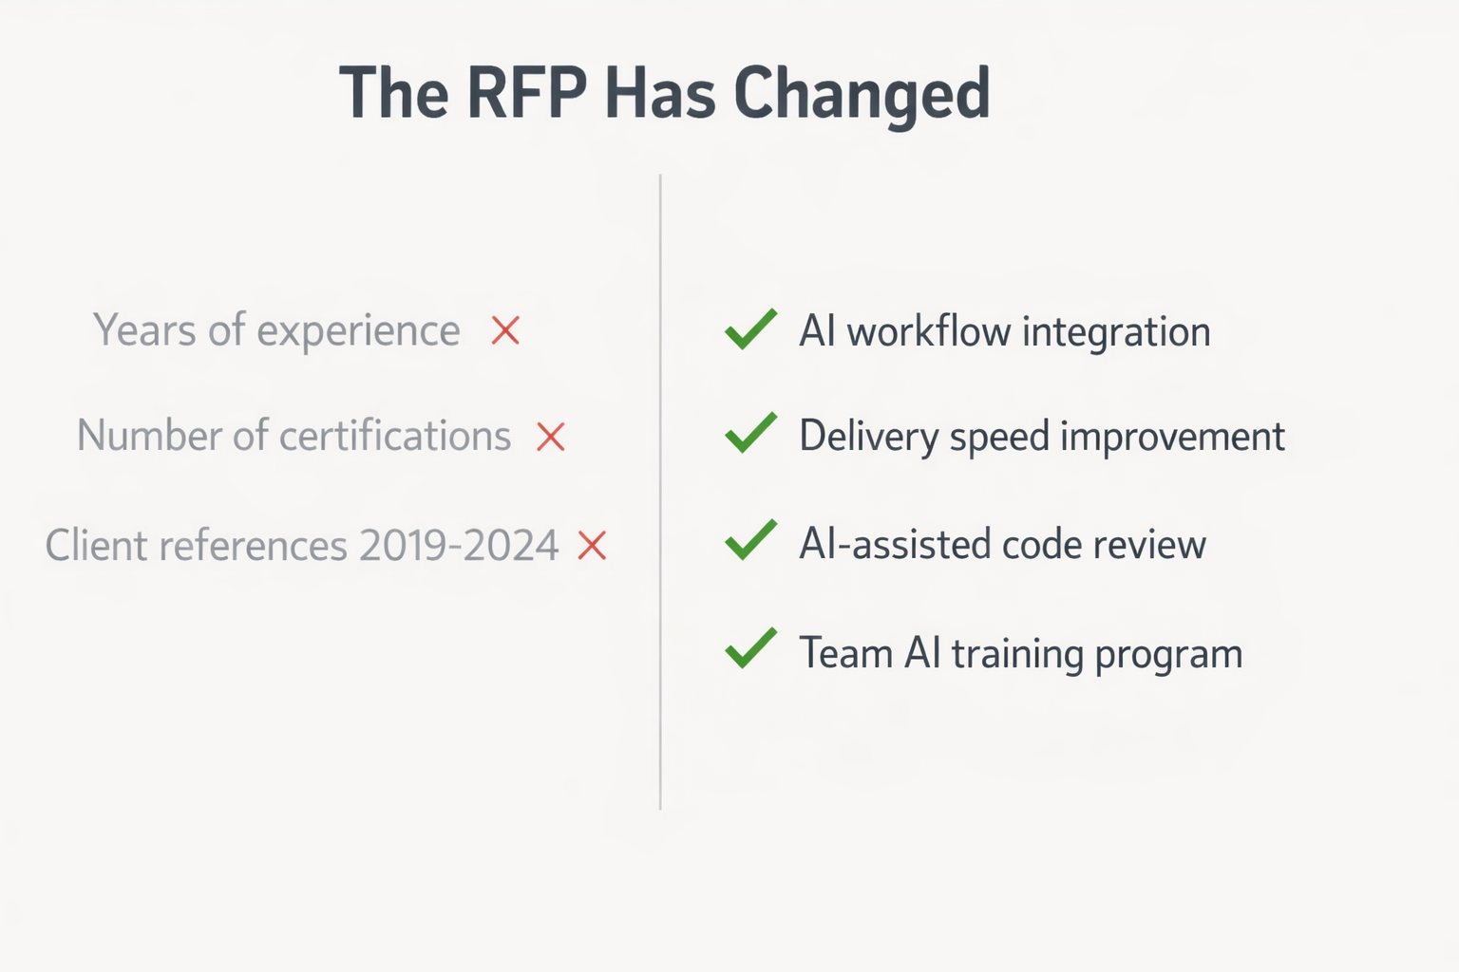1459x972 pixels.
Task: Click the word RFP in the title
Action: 526,94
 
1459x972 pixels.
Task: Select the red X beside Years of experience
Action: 505,330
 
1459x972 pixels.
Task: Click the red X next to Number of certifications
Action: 551,437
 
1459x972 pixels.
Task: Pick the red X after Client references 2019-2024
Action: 592,545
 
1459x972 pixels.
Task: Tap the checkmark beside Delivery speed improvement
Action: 750,434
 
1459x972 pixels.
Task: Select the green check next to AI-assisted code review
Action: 750,541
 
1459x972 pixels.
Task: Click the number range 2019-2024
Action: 459,546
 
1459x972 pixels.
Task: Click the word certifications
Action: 395,436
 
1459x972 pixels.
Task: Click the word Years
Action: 145,331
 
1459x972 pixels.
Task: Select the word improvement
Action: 1172,437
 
